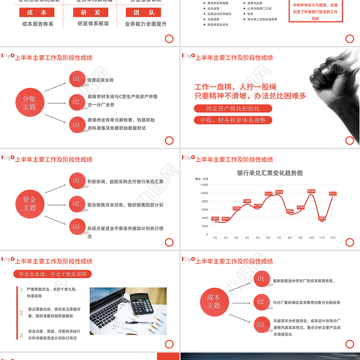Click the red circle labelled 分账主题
(30, 103)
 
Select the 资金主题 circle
(30, 203)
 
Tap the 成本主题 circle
(214, 301)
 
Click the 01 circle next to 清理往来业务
(77, 79)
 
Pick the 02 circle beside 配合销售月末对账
(77, 204)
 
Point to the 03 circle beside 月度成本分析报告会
(261, 324)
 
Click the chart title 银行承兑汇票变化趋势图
(270, 173)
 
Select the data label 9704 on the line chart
(311, 191)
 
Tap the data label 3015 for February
(226, 219)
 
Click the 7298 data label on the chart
(247, 201)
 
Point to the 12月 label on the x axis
(333, 237)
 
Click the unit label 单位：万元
(202, 179)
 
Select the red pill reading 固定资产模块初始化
(233, 108)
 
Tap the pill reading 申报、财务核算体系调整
(233, 120)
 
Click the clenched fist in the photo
(331, 76)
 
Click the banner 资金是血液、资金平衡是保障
(53, 274)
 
